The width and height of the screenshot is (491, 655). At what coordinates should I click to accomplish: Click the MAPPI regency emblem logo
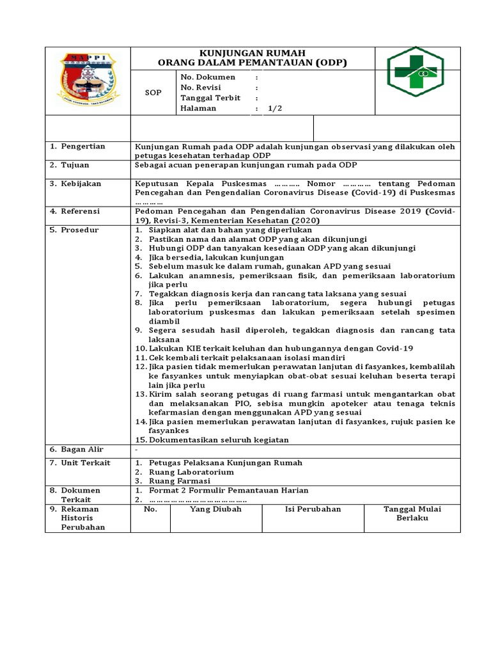(x=88, y=81)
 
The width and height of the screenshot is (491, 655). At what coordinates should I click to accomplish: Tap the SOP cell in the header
(x=153, y=93)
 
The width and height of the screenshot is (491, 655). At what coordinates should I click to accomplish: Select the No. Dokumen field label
(x=208, y=77)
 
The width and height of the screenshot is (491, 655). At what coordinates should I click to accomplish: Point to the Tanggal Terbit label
(x=210, y=98)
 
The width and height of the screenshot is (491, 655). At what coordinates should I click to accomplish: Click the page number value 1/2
(x=275, y=108)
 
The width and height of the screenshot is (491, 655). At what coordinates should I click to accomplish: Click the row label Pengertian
(x=82, y=146)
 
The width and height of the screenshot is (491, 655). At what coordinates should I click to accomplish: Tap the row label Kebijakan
(x=81, y=184)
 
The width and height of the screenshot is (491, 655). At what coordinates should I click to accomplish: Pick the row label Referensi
(x=81, y=211)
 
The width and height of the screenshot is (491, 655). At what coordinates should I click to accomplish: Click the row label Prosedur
(x=79, y=230)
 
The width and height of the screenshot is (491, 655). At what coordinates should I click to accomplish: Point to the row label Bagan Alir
(x=82, y=450)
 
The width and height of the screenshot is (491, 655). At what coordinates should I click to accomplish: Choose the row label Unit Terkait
(x=85, y=462)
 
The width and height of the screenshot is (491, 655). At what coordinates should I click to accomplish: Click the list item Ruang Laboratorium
(x=191, y=472)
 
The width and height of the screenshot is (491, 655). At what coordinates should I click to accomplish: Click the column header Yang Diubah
(x=215, y=509)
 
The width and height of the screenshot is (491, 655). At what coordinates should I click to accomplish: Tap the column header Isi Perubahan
(x=313, y=509)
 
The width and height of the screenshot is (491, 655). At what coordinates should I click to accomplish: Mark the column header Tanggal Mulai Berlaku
(x=412, y=514)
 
